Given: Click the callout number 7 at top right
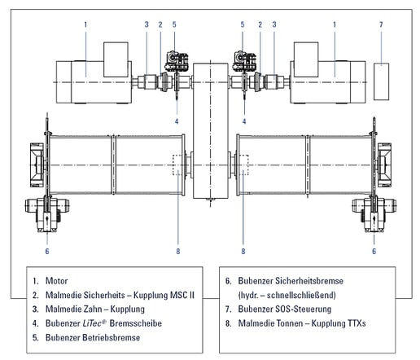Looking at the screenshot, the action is coord(381,24).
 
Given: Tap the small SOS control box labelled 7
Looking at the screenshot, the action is coord(381,81).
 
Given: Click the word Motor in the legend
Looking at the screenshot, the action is coord(56,281).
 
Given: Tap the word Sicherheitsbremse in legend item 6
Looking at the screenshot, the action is coord(309,281).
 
